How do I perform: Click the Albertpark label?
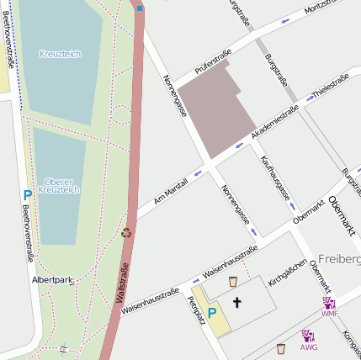pos(51,278)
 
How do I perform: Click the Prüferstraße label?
pos(213,61)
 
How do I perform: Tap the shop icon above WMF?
pos(328,302)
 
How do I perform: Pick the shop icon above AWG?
pos(308,336)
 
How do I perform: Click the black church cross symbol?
pos(236,302)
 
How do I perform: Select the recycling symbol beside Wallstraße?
pos(126,233)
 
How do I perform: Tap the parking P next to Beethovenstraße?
pos(27,194)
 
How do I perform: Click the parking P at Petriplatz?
pos(212,313)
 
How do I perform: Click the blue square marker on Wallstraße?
pos(140,8)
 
